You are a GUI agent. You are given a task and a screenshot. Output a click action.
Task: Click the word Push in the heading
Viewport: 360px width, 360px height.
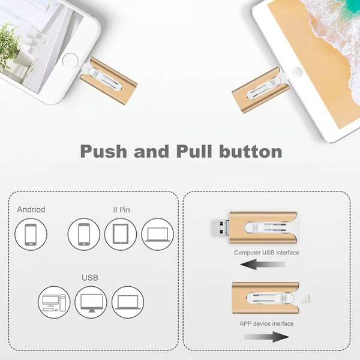click(104, 152)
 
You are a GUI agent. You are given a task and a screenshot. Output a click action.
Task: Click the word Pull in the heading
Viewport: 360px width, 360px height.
click(194, 151)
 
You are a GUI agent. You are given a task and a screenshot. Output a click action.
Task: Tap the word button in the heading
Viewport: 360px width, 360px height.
click(251, 151)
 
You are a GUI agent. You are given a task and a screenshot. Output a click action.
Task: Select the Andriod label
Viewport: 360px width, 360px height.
click(31, 209)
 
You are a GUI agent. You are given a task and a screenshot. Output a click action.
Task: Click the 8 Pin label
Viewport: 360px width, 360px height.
click(121, 209)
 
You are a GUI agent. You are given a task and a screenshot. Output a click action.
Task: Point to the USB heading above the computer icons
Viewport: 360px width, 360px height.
click(90, 278)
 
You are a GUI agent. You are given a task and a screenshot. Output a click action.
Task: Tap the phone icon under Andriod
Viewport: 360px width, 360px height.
click(31, 235)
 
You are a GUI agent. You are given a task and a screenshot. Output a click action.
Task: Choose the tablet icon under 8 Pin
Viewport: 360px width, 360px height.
click(121, 235)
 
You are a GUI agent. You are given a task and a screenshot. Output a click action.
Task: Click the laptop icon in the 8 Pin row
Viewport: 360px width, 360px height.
click(157, 235)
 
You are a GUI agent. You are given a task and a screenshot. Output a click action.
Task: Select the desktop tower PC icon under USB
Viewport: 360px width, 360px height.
click(54, 302)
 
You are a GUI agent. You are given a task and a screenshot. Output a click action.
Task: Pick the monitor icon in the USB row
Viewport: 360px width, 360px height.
click(91, 302)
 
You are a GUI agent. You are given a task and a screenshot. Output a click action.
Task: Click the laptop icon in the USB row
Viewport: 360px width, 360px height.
click(128, 302)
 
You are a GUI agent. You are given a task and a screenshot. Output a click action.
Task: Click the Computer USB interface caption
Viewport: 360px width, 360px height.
click(266, 253)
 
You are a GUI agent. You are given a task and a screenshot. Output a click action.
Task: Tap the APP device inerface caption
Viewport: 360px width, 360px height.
click(266, 323)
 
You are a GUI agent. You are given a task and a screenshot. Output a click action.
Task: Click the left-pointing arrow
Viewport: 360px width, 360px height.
click(263, 265)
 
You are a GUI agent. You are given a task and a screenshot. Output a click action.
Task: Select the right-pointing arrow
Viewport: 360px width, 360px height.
click(266, 337)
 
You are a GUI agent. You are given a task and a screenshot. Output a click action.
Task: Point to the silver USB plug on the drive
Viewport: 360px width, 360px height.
click(220, 227)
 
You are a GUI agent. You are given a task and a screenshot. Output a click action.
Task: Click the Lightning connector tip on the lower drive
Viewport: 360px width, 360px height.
click(305, 298)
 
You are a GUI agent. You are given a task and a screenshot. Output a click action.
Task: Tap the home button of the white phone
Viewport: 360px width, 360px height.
click(70, 61)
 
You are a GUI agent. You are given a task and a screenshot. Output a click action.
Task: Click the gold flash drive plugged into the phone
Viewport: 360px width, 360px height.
click(109, 81)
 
